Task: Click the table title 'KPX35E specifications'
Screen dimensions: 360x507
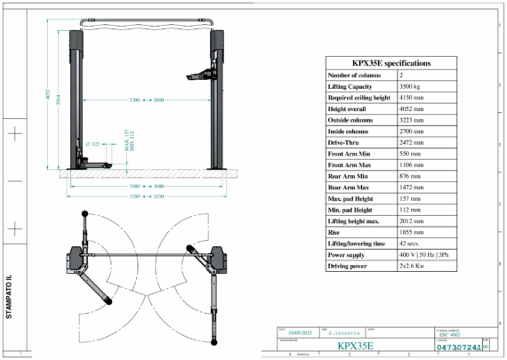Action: (390, 63)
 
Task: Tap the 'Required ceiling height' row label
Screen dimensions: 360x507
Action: (358, 99)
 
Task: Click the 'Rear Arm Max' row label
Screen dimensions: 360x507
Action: (349, 186)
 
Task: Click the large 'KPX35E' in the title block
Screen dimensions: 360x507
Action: (355, 345)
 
